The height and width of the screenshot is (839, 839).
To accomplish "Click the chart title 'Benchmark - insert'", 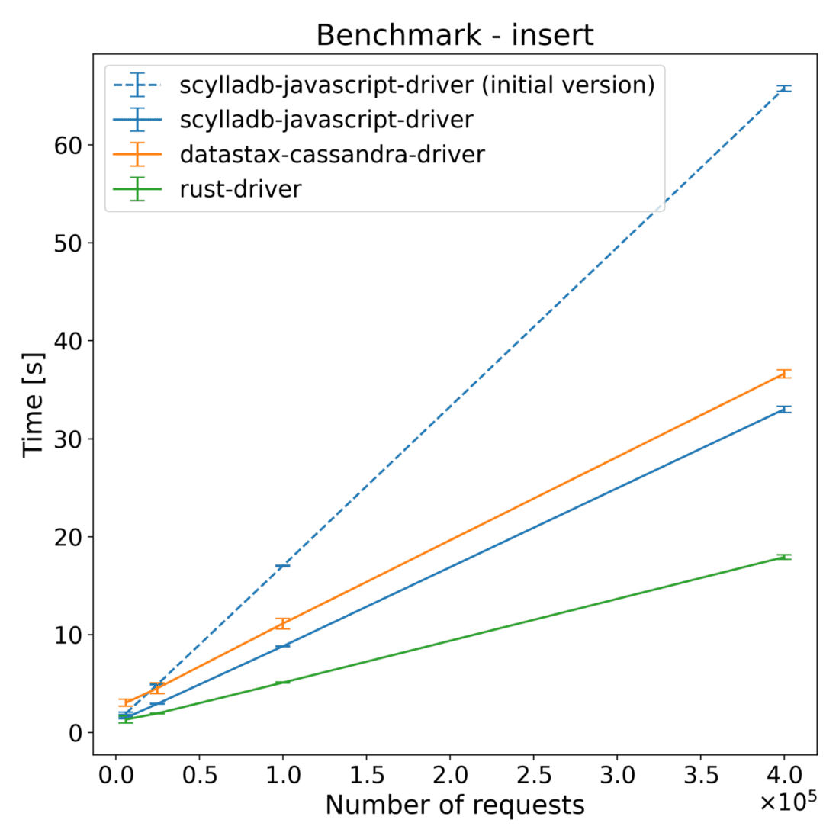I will coord(455,35).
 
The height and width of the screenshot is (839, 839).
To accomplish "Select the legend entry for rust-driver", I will coord(240,188).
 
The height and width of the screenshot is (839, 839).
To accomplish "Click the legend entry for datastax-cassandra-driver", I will coord(332,154).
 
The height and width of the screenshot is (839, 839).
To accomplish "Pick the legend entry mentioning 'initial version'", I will coord(416,85).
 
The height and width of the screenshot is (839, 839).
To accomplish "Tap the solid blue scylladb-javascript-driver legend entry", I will coord(326,120).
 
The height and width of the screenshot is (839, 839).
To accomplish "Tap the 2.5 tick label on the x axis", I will coord(534,776).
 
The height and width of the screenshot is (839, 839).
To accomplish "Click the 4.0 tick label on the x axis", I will coord(784,776).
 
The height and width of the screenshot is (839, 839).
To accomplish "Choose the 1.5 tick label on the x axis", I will coord(366,776).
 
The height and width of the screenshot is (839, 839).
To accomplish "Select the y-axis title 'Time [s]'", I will coord(34,404).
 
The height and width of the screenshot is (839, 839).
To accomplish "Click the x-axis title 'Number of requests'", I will coord(455,805).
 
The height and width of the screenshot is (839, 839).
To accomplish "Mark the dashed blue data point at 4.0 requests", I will coord(784,88).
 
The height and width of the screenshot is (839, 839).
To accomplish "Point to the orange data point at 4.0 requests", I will coord(784,374).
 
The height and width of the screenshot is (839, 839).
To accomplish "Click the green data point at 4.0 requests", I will coord(784,558).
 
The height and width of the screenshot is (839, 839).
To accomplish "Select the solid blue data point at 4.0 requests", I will coord(784,410).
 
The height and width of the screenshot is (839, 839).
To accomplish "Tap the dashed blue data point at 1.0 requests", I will coord(283,566).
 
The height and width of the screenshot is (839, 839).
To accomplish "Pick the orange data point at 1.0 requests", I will coord(283,623).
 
